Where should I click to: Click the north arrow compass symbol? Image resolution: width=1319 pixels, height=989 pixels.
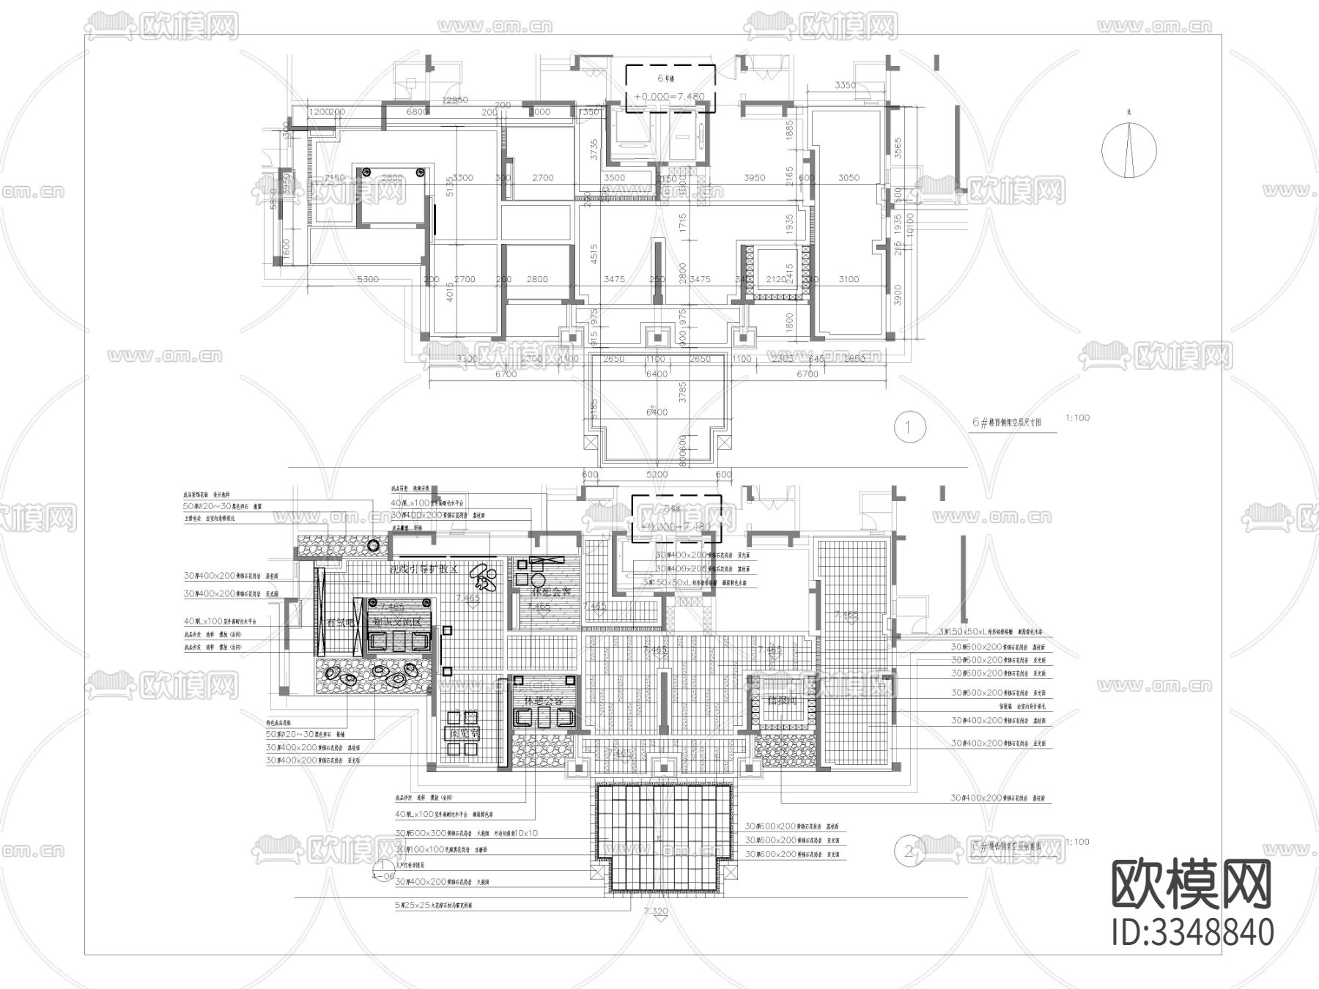pos(1128,150)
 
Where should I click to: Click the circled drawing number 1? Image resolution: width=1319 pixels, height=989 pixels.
pos(909,426)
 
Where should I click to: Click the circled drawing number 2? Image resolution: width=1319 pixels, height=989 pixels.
pos(909,851)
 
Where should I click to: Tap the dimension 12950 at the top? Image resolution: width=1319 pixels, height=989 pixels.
pos(455,100)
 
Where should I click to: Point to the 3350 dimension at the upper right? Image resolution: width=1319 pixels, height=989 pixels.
pos(845,86)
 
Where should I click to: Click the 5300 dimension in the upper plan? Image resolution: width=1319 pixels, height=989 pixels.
pos(368,279)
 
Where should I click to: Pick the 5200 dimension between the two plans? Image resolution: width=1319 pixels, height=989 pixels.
pos(657,475)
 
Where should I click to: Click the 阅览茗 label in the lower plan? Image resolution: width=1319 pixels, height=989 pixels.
pos(464,733)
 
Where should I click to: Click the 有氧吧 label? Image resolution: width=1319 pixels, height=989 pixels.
pos(340,622)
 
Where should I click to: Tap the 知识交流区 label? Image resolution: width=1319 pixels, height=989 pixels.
pos(398,622)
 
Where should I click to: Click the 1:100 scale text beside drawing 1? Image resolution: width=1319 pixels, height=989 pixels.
pos(1078,418)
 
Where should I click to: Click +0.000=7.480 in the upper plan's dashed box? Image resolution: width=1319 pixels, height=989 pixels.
pos(669,97)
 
